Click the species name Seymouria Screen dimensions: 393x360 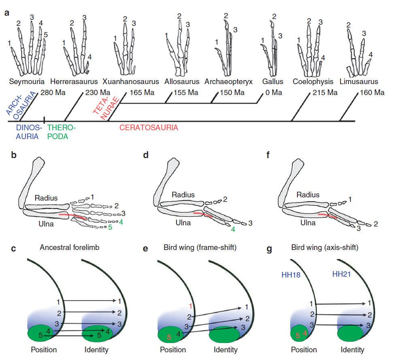point(27,82)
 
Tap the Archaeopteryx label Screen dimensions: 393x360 point(229,82)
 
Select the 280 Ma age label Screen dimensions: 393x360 point(53,93)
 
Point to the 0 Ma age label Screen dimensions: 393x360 point(274,93)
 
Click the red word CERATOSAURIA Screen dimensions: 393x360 point(149,128)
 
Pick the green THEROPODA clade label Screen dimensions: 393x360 point(61,132)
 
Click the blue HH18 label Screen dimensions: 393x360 point(291,275)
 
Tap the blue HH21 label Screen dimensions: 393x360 point(341,274)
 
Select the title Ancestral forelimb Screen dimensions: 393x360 point(70,248)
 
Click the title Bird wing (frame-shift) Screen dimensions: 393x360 point(200,248)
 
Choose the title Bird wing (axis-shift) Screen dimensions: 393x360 point(325,248)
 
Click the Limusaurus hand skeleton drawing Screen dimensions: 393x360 point(359,53)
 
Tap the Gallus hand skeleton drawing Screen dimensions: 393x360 point(270,50)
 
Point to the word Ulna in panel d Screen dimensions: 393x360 point(183,223)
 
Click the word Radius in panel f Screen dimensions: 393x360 point(308,195)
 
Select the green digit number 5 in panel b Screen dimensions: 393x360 point(110,227)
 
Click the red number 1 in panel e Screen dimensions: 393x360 point(191,306)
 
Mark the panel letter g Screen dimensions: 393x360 point(269,249)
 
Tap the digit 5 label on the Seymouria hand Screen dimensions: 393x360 point(46,35)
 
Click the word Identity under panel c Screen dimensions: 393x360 point(96,350)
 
